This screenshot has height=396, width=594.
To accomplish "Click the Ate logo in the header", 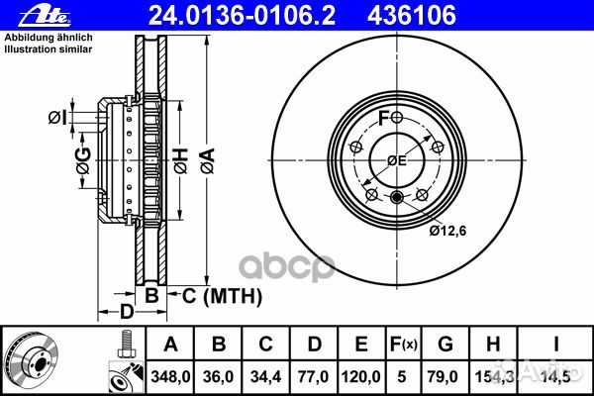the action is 45,16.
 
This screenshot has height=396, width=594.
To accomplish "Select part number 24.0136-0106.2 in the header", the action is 242,16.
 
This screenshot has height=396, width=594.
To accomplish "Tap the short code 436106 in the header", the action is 412,16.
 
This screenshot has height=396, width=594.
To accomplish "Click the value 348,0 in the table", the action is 170,376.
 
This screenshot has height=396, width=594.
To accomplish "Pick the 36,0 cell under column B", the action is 218,376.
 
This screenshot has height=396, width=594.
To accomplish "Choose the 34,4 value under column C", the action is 265,376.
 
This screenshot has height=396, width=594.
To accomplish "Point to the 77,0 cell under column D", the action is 314,376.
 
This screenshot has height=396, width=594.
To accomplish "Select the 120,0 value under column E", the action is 361,376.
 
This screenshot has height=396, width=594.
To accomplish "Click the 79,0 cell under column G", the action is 444,376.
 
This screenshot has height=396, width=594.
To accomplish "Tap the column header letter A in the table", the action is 170,345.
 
